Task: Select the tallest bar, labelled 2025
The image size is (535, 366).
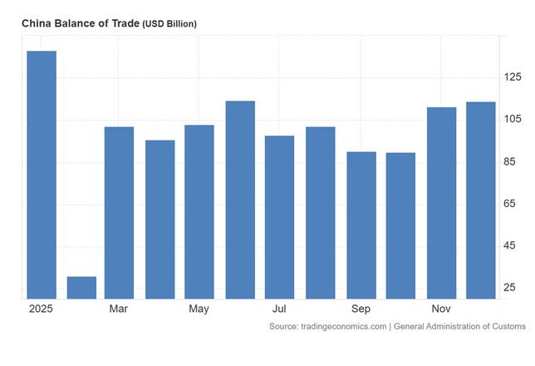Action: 42,175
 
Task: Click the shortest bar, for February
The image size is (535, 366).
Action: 81,287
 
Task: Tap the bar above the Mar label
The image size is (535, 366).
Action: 119,212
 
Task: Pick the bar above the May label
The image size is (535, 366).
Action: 199,211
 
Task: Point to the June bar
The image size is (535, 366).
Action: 240,200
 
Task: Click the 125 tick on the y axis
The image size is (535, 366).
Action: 513,77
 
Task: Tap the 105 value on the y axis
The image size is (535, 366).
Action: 513,120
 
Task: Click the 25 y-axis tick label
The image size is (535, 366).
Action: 509,288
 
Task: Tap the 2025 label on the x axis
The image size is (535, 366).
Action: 40,309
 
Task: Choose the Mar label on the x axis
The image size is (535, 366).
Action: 119,309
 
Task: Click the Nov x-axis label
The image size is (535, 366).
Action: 441,309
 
